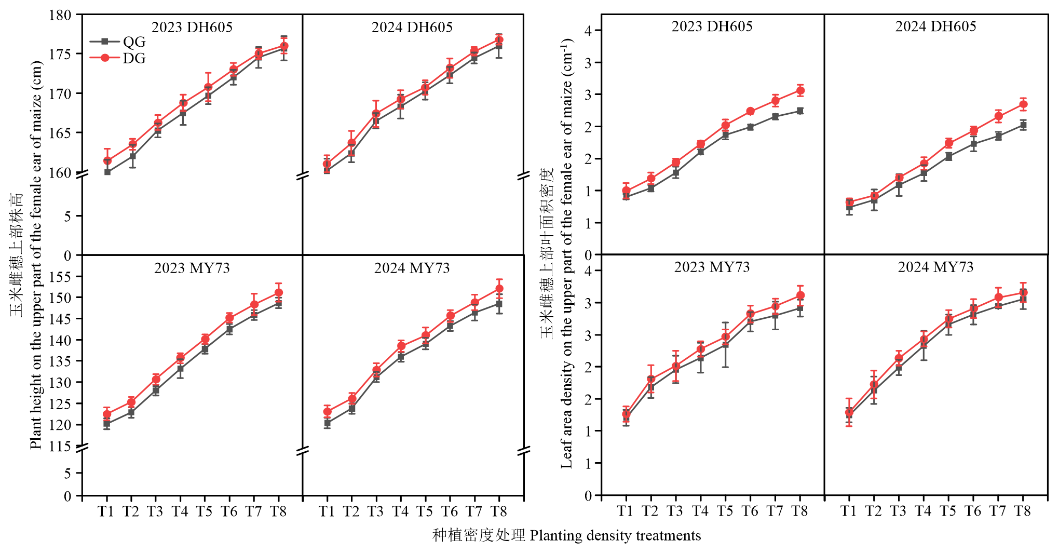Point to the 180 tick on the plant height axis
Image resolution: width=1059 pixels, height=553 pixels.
[60, 15]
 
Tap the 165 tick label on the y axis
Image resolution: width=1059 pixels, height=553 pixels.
[60, 133]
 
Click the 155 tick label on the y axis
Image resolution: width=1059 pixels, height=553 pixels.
[60, 277]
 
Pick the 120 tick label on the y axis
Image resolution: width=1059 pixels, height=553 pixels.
[60, 425]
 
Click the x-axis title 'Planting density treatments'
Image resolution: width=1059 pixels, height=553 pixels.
[615, 535]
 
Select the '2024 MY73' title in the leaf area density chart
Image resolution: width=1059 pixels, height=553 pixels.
[935, 267]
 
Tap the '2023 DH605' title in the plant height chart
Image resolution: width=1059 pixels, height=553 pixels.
[192, 27]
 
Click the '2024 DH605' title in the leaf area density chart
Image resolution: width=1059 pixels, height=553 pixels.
[935, 26]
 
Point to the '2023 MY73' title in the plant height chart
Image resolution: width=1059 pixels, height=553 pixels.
[192, 268]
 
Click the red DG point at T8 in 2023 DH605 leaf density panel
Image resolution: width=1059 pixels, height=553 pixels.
[800, 91]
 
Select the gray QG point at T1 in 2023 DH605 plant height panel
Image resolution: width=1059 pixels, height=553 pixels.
[107, 172]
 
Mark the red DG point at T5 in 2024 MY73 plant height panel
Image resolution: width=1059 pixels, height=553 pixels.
[426, 335]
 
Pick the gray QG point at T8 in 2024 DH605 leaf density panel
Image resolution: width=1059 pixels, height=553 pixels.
[1023, 125]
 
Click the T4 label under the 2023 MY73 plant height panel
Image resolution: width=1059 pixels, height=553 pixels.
[180, 512]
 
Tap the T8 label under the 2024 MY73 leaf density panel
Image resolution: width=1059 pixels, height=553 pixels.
[1022, 511]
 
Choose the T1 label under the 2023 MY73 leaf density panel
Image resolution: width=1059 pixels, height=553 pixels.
[626, 511]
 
